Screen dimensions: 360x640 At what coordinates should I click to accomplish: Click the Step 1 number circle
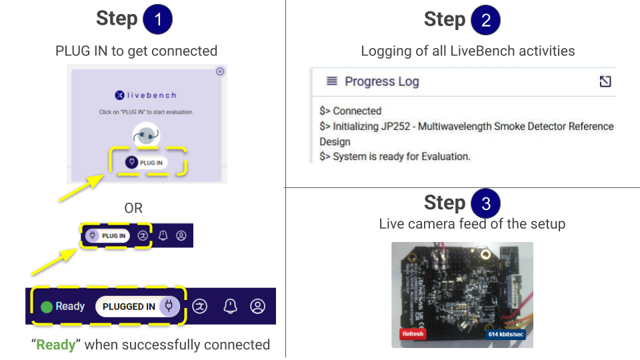pyautogui.click(x=157, y=19)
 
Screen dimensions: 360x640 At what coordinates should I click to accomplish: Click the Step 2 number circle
pyautogui.click(x=485, y=19)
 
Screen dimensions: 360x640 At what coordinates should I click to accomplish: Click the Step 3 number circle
pyautogui.click(x=485, y=203)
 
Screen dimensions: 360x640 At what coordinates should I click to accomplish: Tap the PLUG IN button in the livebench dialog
pyautogui.click(x=146, y=163)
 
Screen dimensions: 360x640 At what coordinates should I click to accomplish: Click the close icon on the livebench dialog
pyautogui.click(x=221, y=71)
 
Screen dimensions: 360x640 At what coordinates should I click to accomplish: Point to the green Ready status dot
pyautogui.click(x=47, y=307)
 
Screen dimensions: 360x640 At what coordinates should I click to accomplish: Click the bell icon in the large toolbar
pyautogui.click(x=230, y=306)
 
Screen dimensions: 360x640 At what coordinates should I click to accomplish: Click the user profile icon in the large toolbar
pyautogui.click(x=257, y=306)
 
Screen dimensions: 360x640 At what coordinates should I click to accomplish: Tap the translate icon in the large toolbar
pyautogui.click(x=200, y=306)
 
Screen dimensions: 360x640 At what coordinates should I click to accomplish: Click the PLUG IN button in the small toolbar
pyautogui.click(x=107, y=235)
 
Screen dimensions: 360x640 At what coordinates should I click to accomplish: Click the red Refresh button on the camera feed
pyautogui.click(x=413, y=333)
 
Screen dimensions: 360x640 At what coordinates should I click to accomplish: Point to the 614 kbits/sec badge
pyautogui.click(x=505, y=333)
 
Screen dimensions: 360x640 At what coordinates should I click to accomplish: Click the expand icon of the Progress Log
pyautogui.click(x=605, y=81)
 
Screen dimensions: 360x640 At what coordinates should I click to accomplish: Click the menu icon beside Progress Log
pyautogui.click(x=331, y=81)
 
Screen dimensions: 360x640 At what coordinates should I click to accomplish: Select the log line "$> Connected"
pyautogui.click(x=351, y=111)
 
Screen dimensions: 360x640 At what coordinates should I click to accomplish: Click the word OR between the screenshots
pyautogui.click(x=133, y=208)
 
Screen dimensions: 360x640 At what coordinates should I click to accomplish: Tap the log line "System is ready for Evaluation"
pyautogui.click(x=395, y=157)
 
